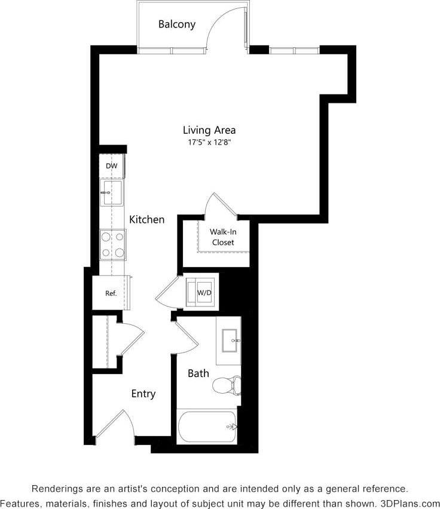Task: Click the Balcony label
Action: click(176, 24)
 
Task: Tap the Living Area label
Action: click(209, 130)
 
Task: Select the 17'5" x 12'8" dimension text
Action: click(209, 143)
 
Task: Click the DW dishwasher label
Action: click(111, 166)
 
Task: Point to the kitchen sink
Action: click(112, 192)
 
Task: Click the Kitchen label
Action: click(146, 220)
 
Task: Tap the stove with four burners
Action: click(112, 245)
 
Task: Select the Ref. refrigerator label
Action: click(111, 293)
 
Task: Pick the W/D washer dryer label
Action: click(204, 293)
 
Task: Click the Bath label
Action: click(198, 373)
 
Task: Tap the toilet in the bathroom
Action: click(227, 385)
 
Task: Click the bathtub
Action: click(207, 427)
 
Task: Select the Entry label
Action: click(143, 394)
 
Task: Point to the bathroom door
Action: click(186, 338)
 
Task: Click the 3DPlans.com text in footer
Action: click(410, 503)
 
